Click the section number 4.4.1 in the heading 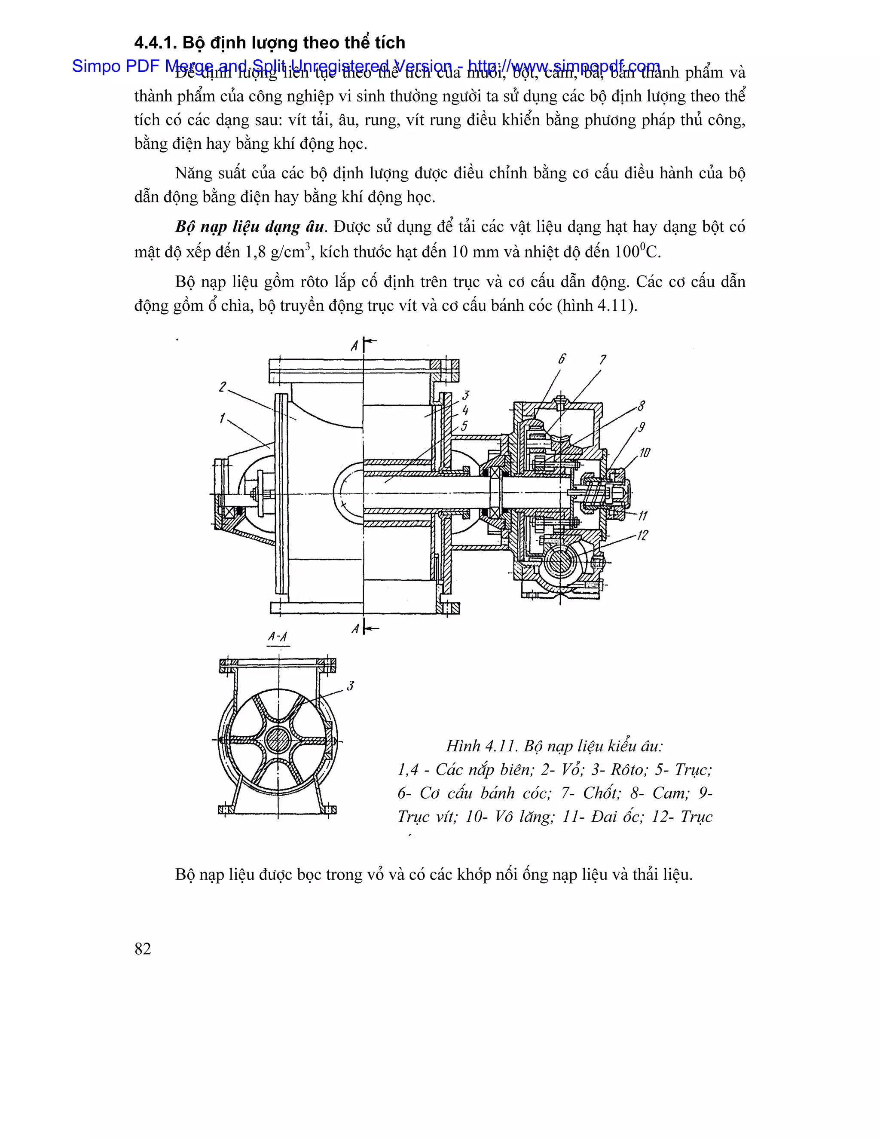[156, 43]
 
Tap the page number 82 [142, 949]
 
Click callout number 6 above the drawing [562, 359]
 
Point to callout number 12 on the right [642, 535]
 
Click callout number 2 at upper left [223, 387]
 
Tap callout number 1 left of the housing [222, 418]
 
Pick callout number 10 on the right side [645, 452]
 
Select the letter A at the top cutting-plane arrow [355, 345]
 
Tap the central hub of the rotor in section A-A [278, 740]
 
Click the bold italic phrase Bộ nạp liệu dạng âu [249, 227]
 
